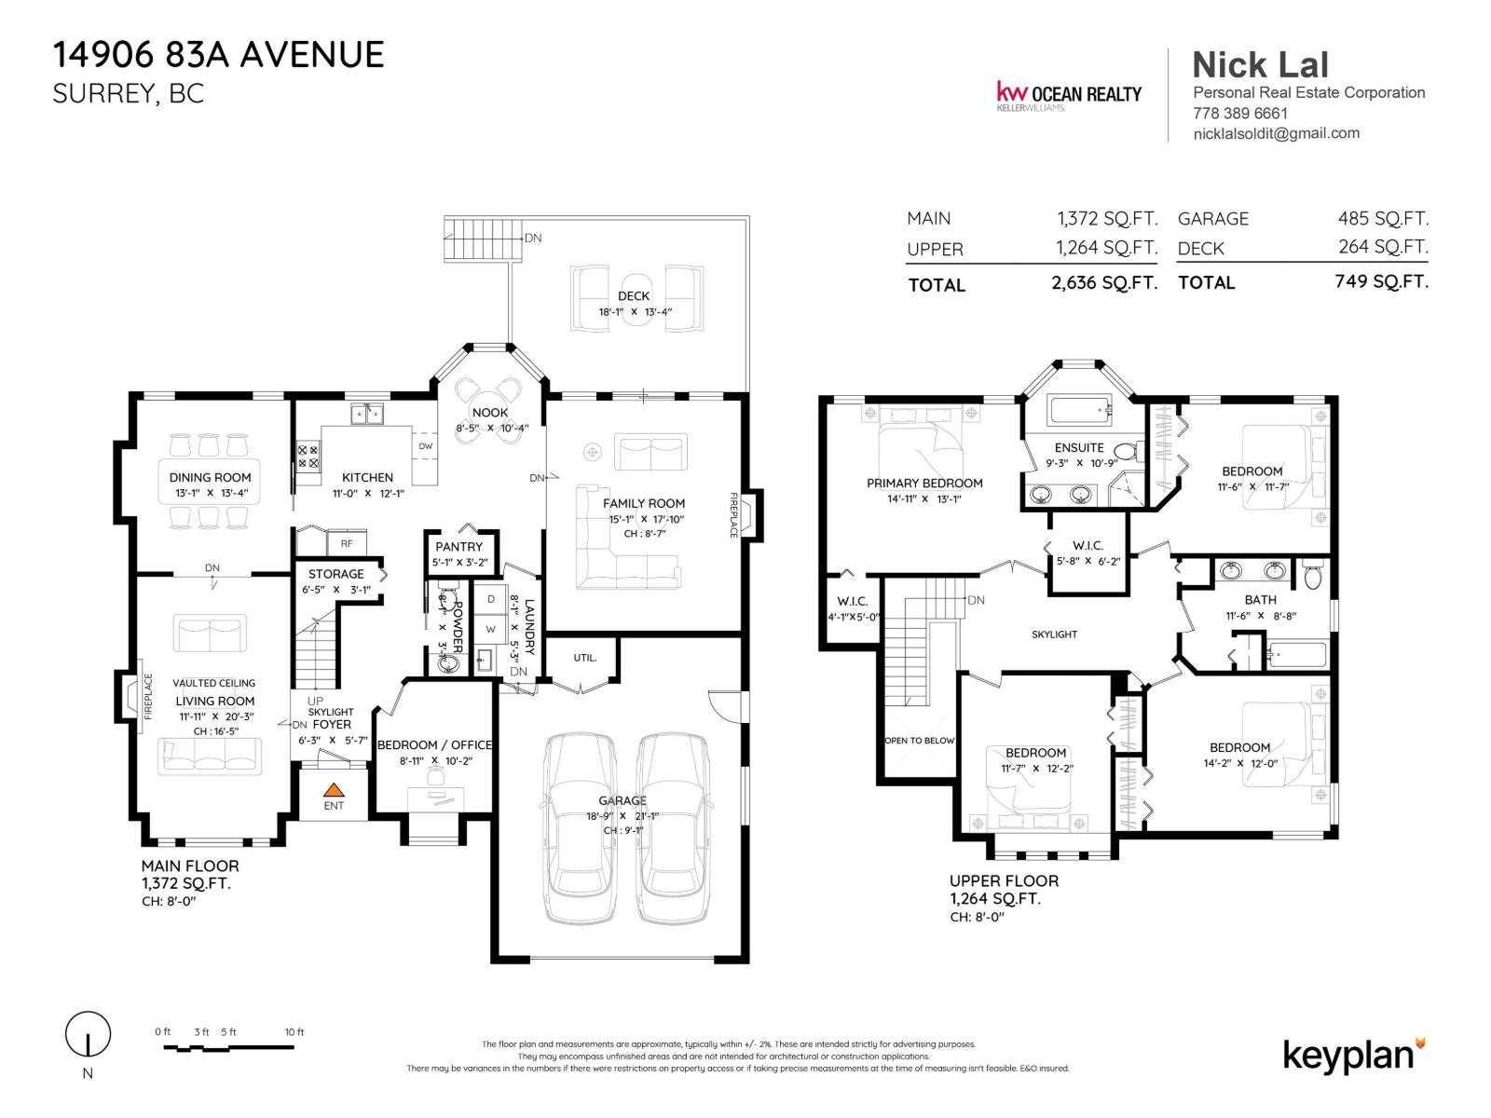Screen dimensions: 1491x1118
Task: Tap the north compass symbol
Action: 88,1035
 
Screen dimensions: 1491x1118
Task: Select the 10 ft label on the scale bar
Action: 294,1031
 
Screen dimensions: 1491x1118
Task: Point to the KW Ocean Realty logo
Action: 1069,94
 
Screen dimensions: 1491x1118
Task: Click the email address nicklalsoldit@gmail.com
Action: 1276,133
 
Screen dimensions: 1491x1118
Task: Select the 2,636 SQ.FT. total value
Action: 1103,283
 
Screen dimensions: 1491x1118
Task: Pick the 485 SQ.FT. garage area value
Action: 1382,218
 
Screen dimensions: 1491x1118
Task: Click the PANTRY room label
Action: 459,547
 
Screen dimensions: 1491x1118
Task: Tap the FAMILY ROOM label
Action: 643,503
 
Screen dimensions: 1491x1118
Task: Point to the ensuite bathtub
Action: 1079,408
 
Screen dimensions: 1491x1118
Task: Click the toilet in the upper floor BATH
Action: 1313,576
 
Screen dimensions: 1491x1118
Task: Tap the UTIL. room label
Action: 584,658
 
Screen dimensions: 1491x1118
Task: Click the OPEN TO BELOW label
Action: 919,741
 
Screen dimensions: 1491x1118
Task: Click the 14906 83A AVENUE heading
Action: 218,55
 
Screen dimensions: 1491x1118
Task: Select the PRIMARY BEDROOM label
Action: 924,483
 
